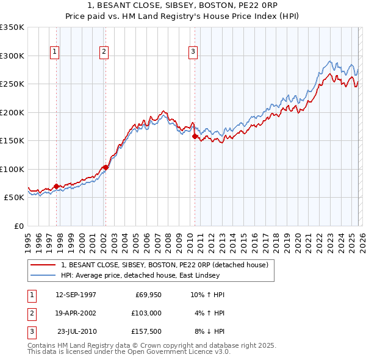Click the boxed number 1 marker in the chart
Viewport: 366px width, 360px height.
click(x=55, y=52)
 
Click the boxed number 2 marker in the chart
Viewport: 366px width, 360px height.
click(x=104, y=52)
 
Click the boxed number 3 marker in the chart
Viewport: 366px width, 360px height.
click(x=193, y=52)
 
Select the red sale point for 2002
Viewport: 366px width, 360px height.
click(x=106, y=167)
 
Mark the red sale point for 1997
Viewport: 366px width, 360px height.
click(x=57, y=186)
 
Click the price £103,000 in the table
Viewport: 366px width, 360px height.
click(x=146, y=312)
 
